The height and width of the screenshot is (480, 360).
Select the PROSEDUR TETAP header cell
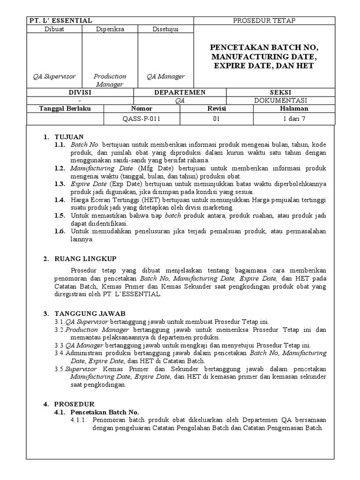point(264,21)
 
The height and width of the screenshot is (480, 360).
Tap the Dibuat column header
point(54,29)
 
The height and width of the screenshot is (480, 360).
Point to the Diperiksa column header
point(110,29)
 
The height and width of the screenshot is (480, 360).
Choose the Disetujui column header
point(165,29)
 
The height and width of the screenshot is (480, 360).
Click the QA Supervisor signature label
point(54,76)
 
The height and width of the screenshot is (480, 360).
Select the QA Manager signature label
point(165,76)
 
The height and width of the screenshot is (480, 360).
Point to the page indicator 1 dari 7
point(294,119)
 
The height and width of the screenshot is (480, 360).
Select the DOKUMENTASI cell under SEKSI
point(281,100)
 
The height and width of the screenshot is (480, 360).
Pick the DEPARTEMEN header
point(180,92)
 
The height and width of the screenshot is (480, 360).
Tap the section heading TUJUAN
point(69,137)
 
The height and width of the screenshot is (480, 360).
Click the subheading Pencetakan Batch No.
point(105,412)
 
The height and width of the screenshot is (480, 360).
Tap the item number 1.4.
point(60,200)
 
